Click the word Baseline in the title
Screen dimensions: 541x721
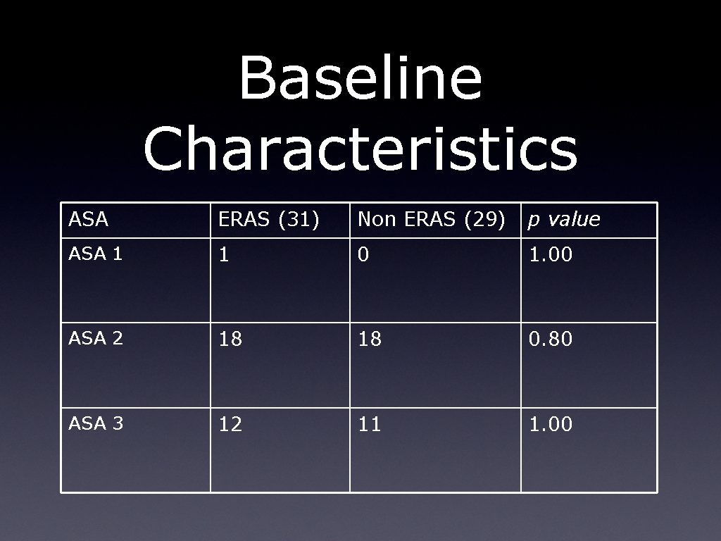360,78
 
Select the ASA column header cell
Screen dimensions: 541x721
89,220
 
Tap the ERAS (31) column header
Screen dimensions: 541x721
269,220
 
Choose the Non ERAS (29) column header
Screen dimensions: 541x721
432,220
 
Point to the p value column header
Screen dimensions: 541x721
564,220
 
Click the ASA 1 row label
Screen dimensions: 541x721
96,254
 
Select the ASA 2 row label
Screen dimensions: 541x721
96,338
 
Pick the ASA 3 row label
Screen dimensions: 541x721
96,423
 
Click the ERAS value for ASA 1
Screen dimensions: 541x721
224,255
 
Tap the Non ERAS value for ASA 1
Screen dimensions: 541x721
363,255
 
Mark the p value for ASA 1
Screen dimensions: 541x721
550,255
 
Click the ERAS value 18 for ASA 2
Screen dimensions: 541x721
230,340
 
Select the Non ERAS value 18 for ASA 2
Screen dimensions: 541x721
370,340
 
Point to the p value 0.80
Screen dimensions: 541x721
550,340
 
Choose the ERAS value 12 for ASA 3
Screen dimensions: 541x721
230,425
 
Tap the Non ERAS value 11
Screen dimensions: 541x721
370,425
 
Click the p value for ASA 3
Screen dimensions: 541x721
550,425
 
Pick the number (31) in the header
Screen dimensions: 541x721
299,220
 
